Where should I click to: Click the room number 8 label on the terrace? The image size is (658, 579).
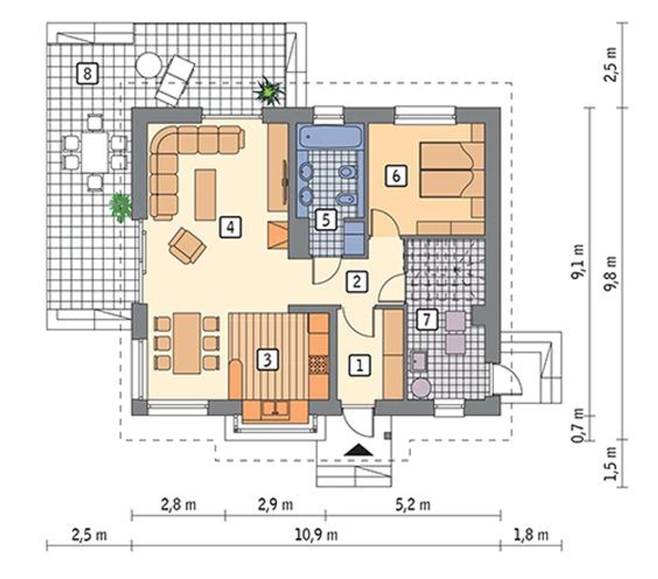(x=87, y=74)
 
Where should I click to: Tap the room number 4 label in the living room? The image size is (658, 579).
(x=230, y=227)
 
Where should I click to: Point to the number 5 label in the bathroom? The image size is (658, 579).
(x=326, y=220)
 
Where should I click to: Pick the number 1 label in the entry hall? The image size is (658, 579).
(x=360, y=366)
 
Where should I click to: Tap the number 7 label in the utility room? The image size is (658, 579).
(x=427, y=320)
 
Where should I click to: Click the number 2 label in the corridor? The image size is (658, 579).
(x=357, y=282)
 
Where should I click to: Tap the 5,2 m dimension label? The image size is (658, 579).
(x=413, y=504)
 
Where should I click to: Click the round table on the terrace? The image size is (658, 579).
(x=149, y=65)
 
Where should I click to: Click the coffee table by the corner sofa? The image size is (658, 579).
(x=206, y=194)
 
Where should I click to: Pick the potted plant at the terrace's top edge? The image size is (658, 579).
(x=268, y=92)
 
